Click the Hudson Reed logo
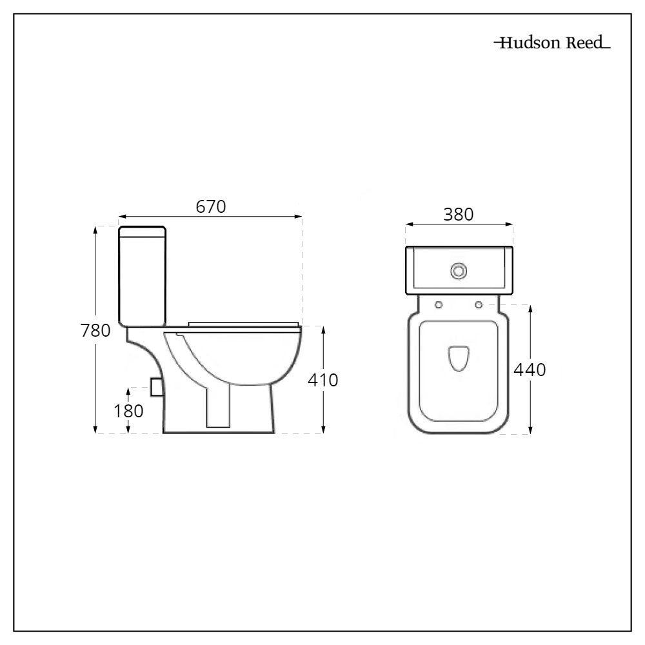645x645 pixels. [x=551, y=44]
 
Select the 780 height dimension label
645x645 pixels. [x=95, y=330]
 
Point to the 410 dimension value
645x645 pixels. [x=322, y=380]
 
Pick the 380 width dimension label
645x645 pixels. [x=458, y=214]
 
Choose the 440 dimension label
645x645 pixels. [x=530, y=370]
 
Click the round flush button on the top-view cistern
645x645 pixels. [x=459, y=271]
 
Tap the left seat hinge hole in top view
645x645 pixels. [x=439, y=304]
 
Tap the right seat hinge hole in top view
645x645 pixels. [x=479, y=304]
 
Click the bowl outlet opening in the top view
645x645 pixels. [x=459, y=358]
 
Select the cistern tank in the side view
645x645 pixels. [x=142, y=274]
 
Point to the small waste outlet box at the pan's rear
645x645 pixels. [x=155, y=386]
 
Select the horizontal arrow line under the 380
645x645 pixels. [x=459, y=225]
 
